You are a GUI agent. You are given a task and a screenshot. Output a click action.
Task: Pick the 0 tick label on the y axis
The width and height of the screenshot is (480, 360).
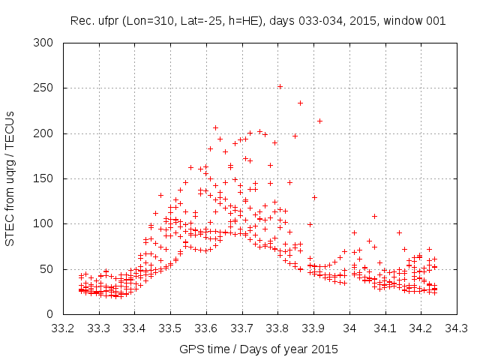(x=54, y=313)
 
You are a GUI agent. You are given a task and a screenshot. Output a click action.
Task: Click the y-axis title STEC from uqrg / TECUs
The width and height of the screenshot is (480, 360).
(x=11, y=178)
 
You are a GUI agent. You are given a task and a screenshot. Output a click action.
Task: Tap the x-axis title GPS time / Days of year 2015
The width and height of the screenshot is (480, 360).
(x=259, y=349)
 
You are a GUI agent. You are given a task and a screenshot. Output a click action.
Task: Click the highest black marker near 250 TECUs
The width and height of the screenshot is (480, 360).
(x=280, y=86)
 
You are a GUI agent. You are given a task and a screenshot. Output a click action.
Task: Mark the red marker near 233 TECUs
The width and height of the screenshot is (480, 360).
(x=301, y=103)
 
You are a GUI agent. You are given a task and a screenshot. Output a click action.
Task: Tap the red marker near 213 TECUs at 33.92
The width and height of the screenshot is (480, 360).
(x=319, y=121)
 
